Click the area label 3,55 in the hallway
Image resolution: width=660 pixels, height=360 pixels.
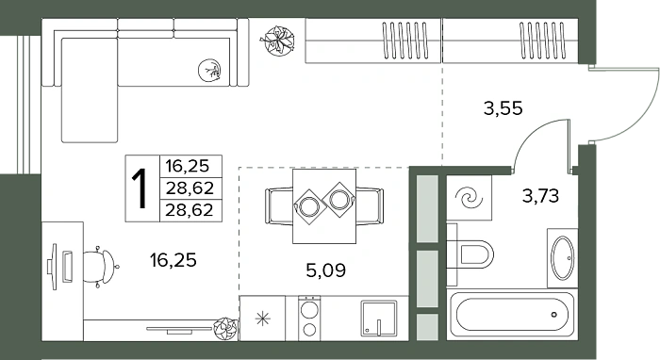point(503,108)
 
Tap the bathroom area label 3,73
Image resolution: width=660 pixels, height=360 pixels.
point(540,196)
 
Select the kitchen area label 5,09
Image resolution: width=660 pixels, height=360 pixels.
point(326,270)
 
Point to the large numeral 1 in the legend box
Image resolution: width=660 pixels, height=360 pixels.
point(140,188)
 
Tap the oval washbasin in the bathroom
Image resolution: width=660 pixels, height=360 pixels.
point(563,258)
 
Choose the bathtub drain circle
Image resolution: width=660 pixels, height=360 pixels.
point(554,314)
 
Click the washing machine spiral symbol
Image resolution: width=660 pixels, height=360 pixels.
point(470,198)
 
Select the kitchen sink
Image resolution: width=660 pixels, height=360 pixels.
point(378,319)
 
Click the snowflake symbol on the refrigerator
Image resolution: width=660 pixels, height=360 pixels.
point(263,319)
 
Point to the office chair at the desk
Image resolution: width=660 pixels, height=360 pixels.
point(101,267)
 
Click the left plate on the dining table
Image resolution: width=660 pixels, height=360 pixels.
point(310,206)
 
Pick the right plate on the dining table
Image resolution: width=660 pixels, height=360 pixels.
point(339,199)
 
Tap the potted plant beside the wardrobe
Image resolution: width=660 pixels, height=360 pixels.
point(277,41)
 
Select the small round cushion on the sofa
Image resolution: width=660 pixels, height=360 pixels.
point(209,70)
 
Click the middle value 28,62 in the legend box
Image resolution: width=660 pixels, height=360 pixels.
point(190,188)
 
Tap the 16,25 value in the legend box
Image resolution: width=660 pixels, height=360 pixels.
point(188,166)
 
